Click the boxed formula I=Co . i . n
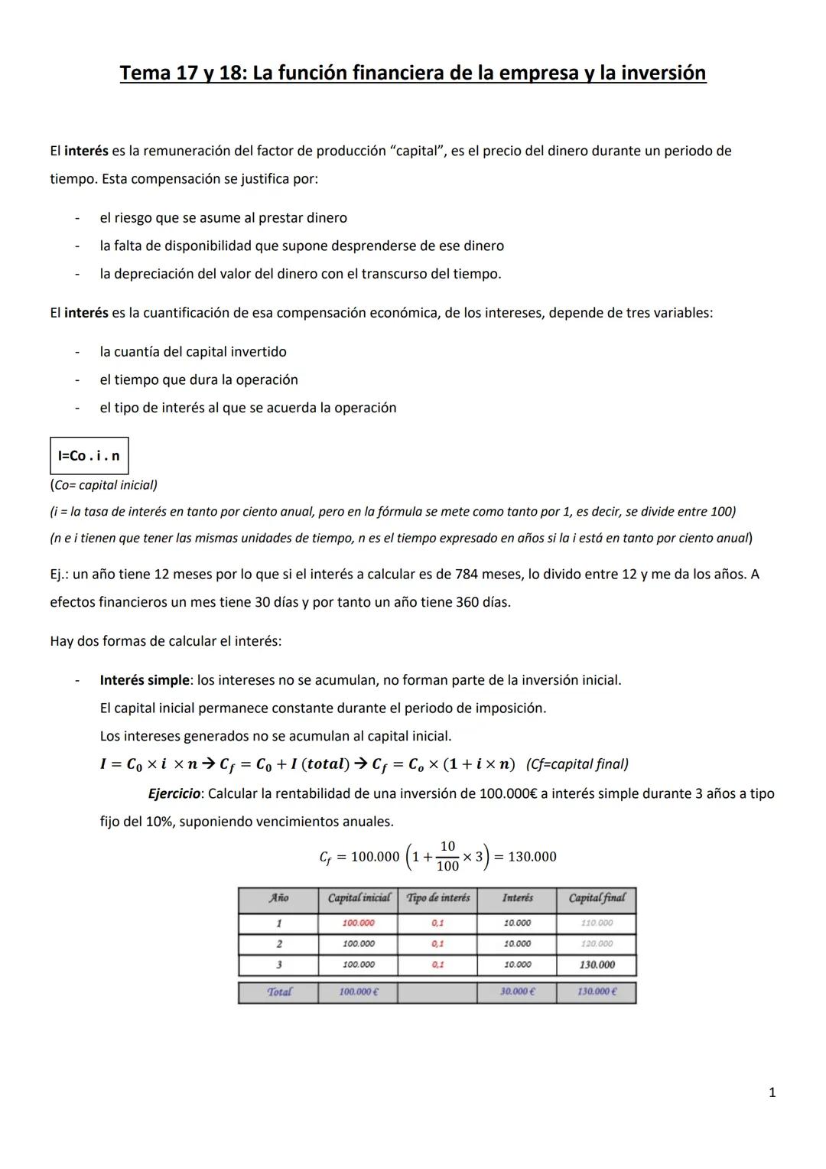point(89,456)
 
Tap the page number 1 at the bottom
point(772,1092)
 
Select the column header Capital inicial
point(358,898)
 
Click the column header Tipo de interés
point(437,898)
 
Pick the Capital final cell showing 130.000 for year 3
point(597,965)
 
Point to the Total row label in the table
point(278,992)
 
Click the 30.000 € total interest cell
point(517,992)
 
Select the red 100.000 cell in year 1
point(358,923)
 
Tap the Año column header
point(278,898)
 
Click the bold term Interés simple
point(144,680)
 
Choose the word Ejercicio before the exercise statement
point(174,793)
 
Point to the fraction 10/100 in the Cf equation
point(447,856)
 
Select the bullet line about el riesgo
point(223,218)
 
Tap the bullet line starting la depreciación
point(300,274)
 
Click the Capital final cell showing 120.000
point(597,944)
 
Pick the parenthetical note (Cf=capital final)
point(577,764)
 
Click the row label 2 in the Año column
point(278,944)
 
